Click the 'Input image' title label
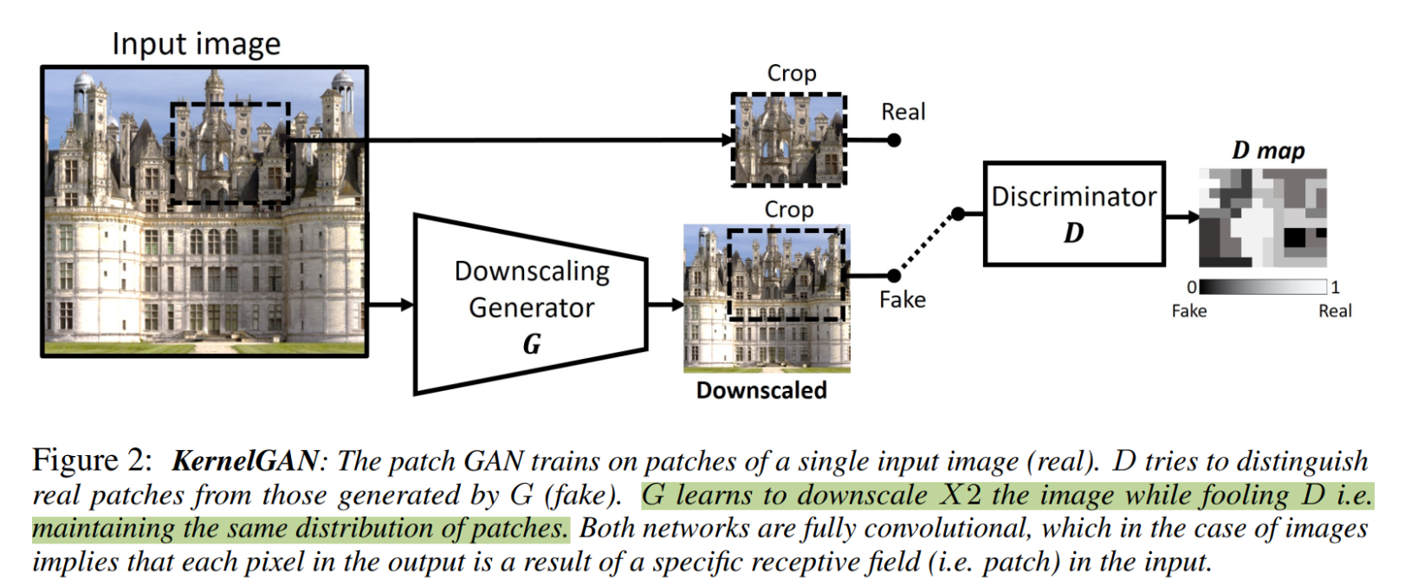[196, 44]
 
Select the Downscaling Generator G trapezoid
[531, 306]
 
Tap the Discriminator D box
[1073, 213]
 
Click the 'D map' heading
[1267, 151]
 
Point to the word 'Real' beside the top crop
[903, 112]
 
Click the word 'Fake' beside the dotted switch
[902, 300]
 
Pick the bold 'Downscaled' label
[761, 390]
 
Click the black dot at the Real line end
[894, 140]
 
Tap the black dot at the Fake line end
[895, 276]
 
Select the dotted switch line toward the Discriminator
[926, 244]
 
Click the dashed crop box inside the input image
[230, 153]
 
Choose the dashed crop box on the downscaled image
[786, 274]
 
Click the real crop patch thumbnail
[788, 140]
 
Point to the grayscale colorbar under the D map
[1262, 287]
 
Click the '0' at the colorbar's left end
[1192, 287]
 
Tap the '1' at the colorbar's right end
[1335, 287]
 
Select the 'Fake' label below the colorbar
[1188, 311]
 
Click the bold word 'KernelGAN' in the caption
[245, 460]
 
